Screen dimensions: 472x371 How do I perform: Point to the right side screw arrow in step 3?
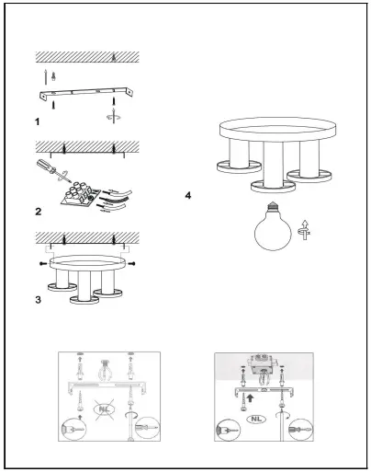tap(131, 264)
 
